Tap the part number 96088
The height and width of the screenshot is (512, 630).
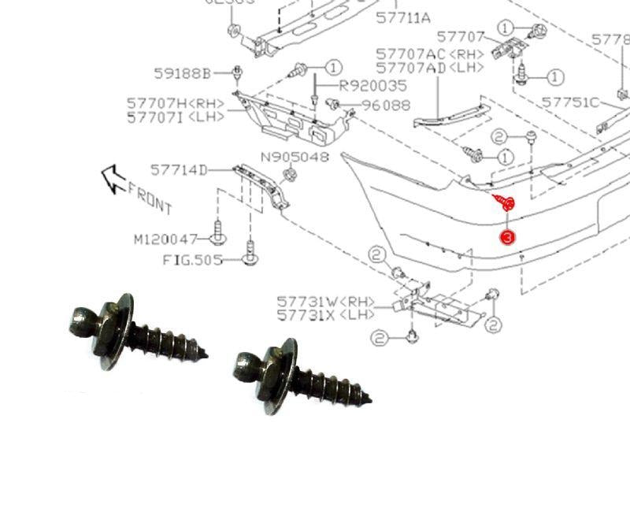pyautogui.click(x=386, y=106)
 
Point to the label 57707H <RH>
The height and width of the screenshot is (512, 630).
pyautogui.click(x=176, y=103)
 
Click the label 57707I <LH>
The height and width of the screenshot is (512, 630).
pyautogui.click(x=176, y=117)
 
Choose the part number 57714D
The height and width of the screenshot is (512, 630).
pyautogui.click(x=180, y=169)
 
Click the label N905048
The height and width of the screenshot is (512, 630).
pyautogui.click(x=295, y=157)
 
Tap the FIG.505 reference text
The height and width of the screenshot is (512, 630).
pyautogui.click(x=193, y=259)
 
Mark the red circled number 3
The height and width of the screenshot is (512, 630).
pyautogui.click(x=508, y=237)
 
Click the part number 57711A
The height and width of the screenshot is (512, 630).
pyautogui.click(x=403, y=17)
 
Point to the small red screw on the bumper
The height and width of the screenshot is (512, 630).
pyautogui.click(x=503, y=203)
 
